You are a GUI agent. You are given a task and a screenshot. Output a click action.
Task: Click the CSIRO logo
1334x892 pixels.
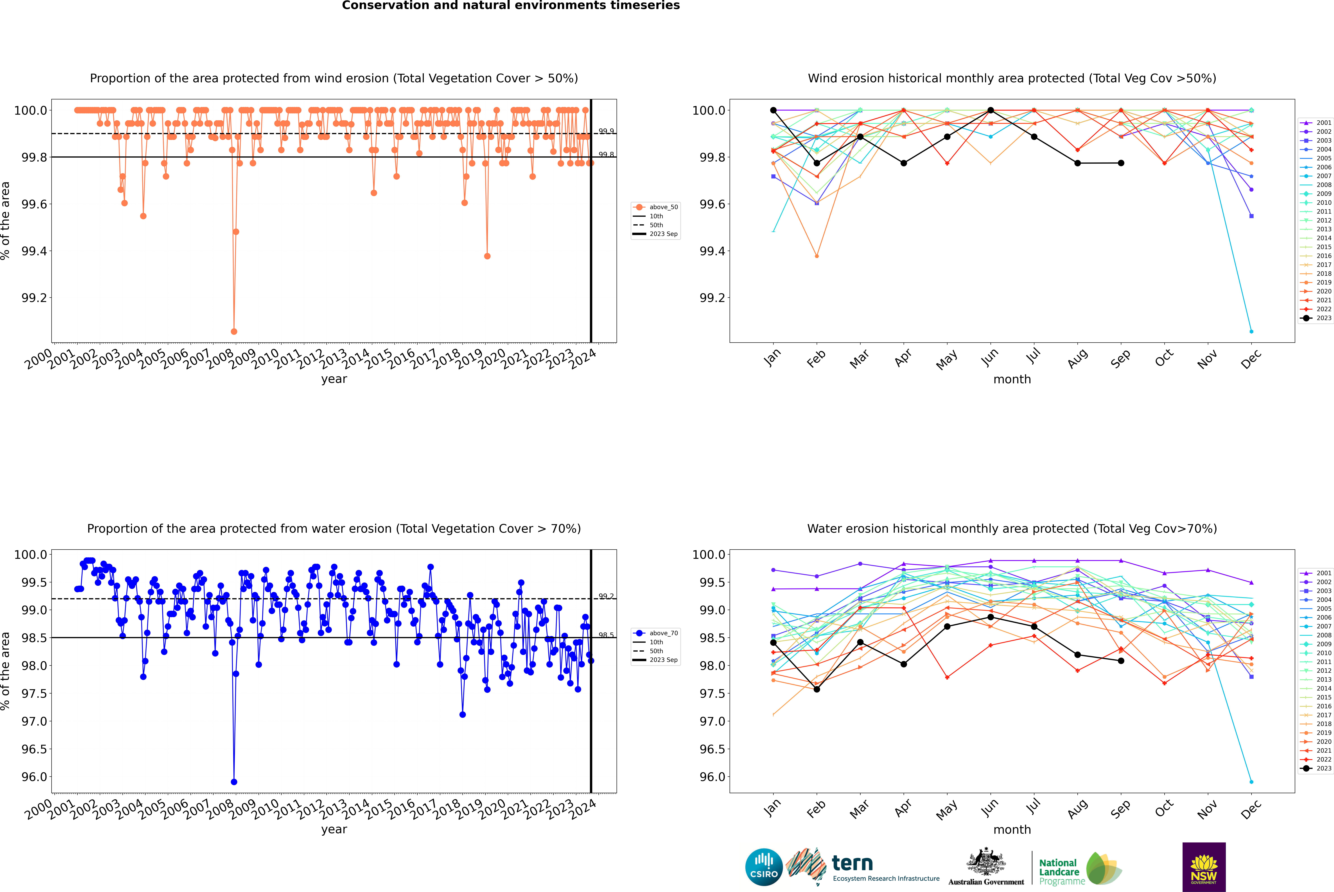point(764,867)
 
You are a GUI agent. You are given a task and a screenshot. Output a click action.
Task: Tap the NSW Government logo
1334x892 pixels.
point(1204,867)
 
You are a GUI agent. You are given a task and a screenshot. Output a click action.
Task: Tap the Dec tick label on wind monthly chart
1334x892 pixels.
point(1251,359)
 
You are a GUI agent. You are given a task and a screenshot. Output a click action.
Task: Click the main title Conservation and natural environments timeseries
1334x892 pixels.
point(511,6)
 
